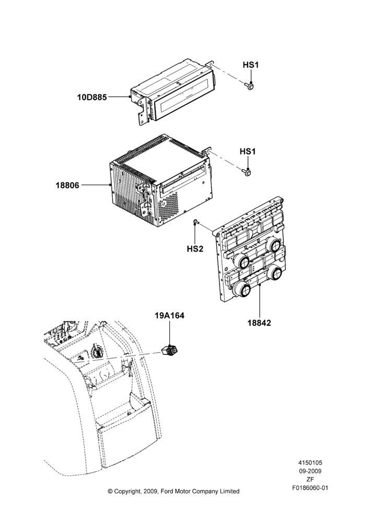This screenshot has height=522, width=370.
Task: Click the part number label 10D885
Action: tap(92, 97)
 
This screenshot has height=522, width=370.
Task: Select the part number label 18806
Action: tap(67, 185)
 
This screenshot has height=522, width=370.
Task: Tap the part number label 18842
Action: tap(259, 323)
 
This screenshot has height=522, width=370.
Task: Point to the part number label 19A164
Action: tap(169, 315)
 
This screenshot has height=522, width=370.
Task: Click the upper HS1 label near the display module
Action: tap(251, 65)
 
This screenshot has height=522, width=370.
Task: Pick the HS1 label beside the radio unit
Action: tap(248, 151)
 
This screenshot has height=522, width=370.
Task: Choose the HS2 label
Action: tap(195, 248)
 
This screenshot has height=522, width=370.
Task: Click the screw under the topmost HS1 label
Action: tap(250, 86)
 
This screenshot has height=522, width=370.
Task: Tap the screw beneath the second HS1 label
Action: tap(247, 172)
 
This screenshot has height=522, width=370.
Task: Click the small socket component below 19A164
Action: tap(170, 351)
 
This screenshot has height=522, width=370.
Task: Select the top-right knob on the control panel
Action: tap(275, 245)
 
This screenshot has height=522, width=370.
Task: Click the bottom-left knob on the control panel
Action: tap(242, 289)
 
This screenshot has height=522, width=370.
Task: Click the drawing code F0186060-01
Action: tap(310, 488)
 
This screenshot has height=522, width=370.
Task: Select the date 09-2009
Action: tap(310, 471)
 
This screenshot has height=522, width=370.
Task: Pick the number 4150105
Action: tap(310, 462)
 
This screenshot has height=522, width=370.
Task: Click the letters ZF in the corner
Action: tap(310, 479)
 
